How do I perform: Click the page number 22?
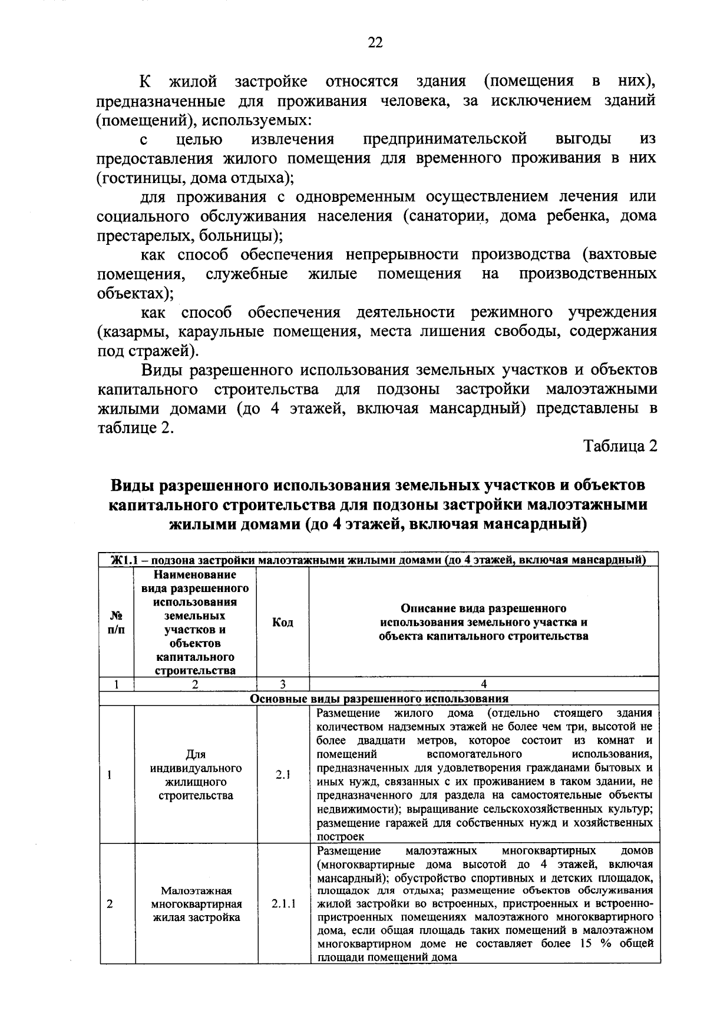tap(375, 42)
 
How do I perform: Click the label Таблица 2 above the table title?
tap(620, 446)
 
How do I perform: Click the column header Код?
tap(283, 622)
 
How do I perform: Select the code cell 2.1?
tap(283, 775)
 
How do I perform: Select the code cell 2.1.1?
tap(283, 903)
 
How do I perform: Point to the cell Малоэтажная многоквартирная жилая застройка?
tap(196, 903)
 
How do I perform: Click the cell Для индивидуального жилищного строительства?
tap(196, 775)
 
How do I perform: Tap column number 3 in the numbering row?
tap(283, 684)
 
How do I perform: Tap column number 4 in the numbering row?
tap(484, 684)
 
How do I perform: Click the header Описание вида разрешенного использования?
tap(484, 622)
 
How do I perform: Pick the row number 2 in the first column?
tap(110, 903)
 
